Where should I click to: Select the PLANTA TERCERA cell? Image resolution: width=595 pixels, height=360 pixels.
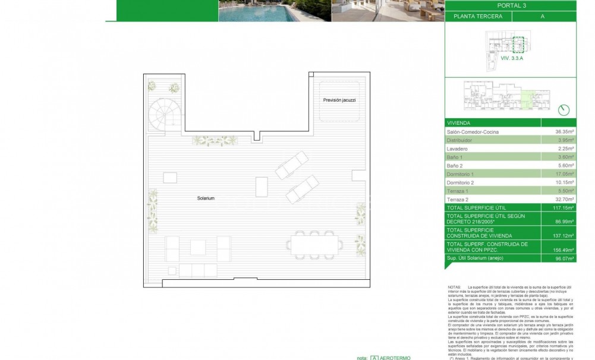pyautogui.click(x=477, y=17)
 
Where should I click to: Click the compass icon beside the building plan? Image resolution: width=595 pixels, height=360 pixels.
pyautogui.click(x=564, y=109)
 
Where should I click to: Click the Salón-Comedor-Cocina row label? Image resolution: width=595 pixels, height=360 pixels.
pyautogui.click(x=473, y=131)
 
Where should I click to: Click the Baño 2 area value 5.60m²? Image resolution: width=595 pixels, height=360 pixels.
pyautogui.click(x=565, y=166)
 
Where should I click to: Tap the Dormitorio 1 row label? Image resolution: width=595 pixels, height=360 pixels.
pyautogui.click(x=460, y=174)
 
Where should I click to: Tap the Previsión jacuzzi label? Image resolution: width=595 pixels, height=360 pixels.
pyautogui.click(x=339, y=100)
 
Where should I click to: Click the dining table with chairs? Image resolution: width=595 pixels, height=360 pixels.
pyautogui.click(x=314, y=244)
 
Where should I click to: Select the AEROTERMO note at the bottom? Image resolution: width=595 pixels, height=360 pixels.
pyautogui.click(x=393, y=358)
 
